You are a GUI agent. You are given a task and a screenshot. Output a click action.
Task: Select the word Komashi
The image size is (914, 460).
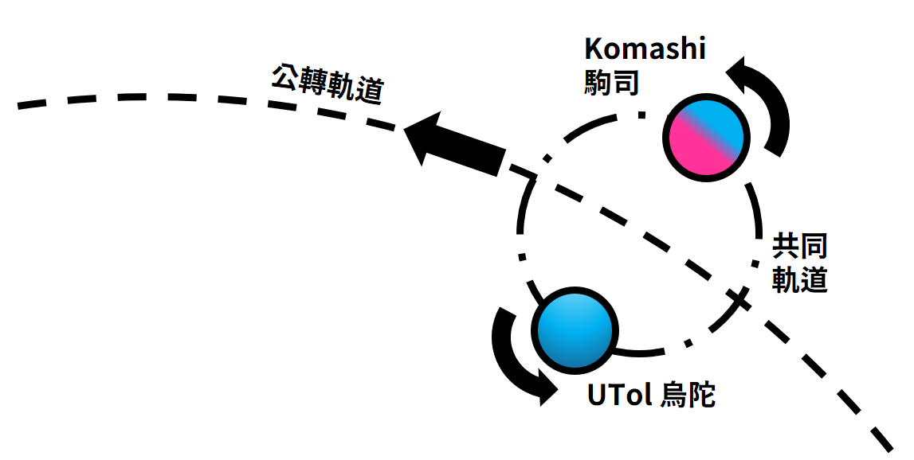point(645,49)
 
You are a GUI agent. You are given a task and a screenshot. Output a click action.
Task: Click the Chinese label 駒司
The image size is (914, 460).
point(611,82)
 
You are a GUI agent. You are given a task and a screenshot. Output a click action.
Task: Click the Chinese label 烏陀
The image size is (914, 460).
point(689,395)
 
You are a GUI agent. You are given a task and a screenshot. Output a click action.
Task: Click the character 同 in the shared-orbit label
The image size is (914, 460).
point(814,248)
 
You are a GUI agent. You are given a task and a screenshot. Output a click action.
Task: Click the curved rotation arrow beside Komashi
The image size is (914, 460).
point(767,103)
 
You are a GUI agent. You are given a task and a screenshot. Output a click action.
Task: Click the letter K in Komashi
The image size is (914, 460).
point(594,49)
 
